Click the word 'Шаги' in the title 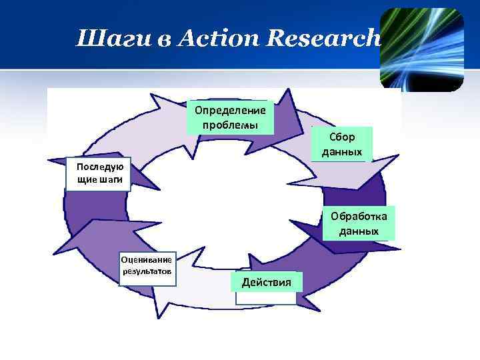click(x=102, y=39)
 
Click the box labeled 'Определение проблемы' click(x=230, y=117)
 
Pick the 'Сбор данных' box click(x=341, y=144)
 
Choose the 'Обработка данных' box click(x=359, y=223)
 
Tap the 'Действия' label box click(x=266, y=283)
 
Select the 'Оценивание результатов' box click(x=147, y=266)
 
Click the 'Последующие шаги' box click(x=99, y=174)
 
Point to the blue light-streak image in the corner click(x=422, y=49)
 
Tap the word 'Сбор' click(x=342, y=137)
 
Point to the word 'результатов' click(x=147, y=272)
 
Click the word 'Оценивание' click(x=147, y=260)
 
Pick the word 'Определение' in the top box click(x=230, y=110)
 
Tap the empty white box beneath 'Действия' click(x=266, y=298)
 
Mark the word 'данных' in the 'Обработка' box click(x=359, y=231)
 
